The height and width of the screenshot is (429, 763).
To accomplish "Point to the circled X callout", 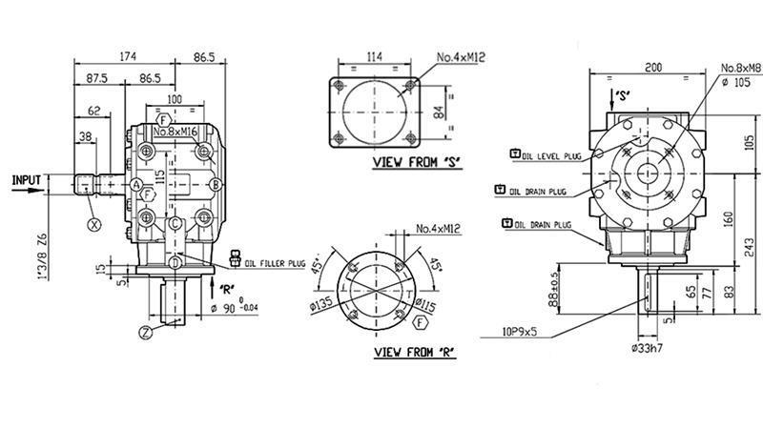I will coord(93,225).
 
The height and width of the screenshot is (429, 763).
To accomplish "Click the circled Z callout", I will coord(145,332).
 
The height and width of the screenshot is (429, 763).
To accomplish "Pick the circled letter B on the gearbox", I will coord(217,183).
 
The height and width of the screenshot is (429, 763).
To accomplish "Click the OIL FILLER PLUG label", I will coord(277,262).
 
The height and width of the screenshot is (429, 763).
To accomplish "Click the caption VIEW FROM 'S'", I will coord(416,163).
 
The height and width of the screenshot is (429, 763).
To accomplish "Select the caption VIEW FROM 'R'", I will coord(413,353).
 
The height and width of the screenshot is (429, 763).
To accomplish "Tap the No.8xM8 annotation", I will coord(740,68).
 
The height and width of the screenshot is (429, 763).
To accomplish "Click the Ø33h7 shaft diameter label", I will coord(650,349).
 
